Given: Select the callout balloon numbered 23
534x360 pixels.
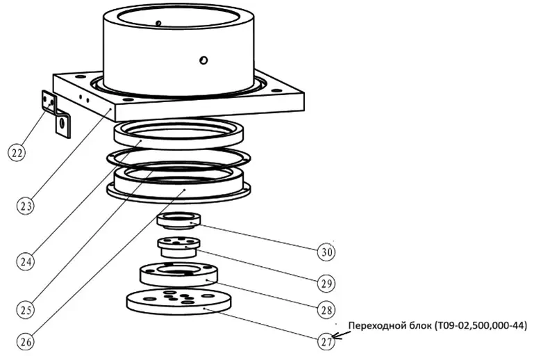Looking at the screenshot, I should [26, 205].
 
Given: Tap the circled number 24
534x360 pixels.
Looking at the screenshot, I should [26, 261].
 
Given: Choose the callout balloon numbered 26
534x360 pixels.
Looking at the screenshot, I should [26, 342].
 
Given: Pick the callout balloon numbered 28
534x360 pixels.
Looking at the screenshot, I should [326, 308].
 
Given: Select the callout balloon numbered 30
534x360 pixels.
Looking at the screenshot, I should [326, 252].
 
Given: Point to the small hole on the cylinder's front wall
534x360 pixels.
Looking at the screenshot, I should [203, 60].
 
